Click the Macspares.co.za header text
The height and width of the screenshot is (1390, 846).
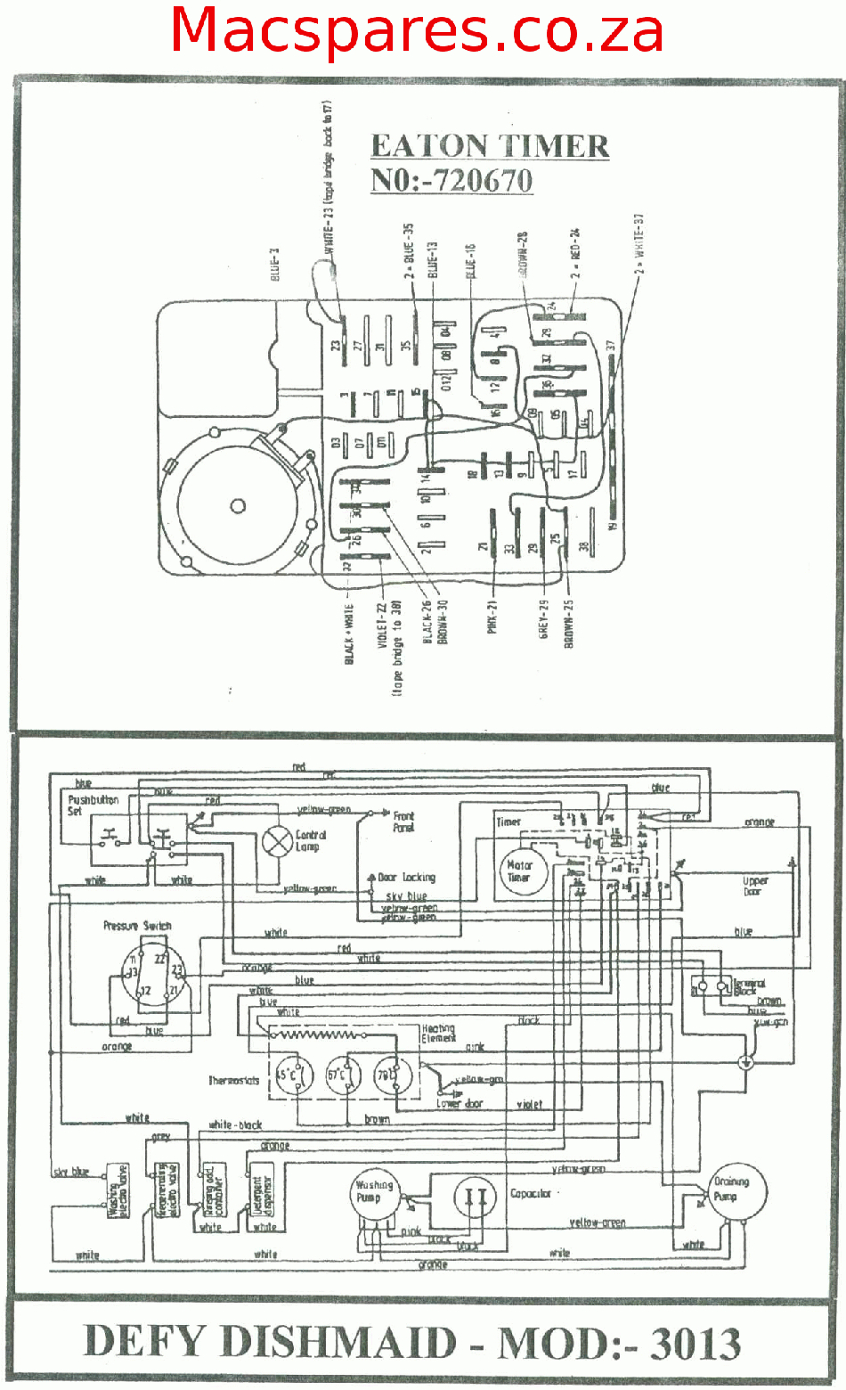417,30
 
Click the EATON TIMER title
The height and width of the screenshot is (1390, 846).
490,146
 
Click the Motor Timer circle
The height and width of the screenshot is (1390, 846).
519,871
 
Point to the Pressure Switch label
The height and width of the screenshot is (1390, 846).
137,926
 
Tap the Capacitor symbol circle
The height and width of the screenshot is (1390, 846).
476,1198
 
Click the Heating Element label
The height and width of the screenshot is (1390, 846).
438,1033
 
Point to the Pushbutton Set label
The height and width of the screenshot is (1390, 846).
94,805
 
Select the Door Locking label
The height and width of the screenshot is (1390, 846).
406,878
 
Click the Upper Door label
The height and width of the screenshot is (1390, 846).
755,886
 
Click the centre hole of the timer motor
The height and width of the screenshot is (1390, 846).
238,507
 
